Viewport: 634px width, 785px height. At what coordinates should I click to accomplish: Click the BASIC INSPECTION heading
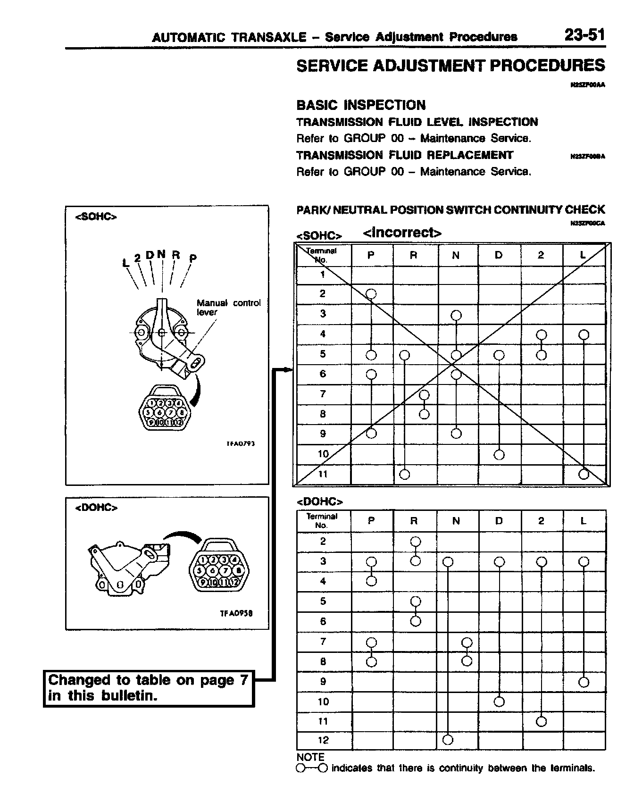coord(361,105)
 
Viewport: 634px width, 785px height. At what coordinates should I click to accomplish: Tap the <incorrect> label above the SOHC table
coord(402,233)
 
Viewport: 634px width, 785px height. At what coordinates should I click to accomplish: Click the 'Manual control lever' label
coord(228,307)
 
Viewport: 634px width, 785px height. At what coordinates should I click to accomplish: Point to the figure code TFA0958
coord(236,613)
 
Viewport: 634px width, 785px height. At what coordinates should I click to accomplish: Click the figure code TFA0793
coord(241,443)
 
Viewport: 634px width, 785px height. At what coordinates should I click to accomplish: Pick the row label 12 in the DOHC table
coord(323,740)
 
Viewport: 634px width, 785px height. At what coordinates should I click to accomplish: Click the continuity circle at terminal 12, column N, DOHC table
coord(448,740)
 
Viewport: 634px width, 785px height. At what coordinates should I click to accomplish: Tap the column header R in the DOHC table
coord(414,521)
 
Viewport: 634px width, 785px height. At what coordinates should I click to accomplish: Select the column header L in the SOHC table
coord(583,255)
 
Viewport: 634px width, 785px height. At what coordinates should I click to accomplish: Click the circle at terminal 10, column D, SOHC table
coord(499,455)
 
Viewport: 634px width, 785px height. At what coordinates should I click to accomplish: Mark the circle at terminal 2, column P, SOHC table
coord(371,294)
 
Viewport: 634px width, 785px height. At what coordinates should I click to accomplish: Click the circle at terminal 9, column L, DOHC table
coord(584,682)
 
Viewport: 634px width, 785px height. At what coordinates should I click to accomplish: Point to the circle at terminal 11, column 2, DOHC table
coord(542,721)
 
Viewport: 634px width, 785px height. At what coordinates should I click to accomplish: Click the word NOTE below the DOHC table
coord(310,757)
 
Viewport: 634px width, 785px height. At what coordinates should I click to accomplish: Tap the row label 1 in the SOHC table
coord(323,274)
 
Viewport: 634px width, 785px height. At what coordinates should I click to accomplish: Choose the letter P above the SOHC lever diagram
coord(193,258)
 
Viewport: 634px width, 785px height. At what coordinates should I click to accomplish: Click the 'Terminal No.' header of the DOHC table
coord(322,520)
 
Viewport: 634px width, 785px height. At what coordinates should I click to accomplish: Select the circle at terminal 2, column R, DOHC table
coord(416,541)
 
